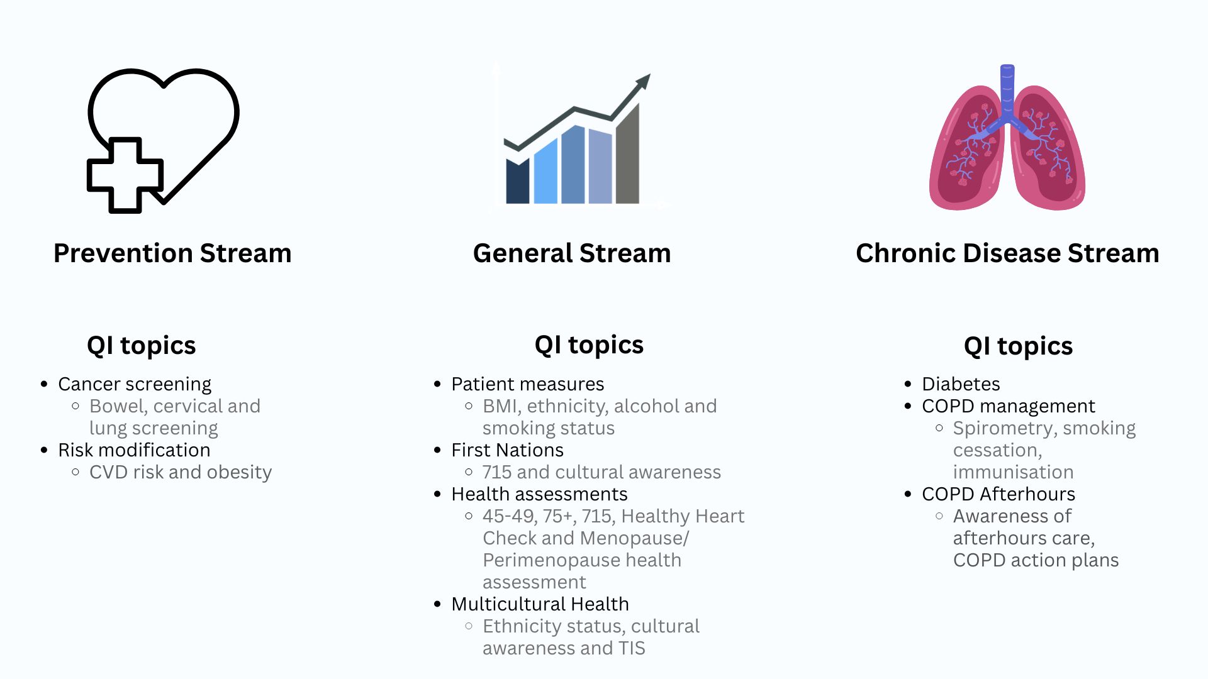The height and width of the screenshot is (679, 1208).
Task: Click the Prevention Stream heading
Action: [172, 253]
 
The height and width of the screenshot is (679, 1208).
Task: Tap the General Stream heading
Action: [572, 253]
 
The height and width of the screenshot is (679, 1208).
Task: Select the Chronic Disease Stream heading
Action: [1007, 253]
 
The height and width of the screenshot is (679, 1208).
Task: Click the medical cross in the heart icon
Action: [125, 175]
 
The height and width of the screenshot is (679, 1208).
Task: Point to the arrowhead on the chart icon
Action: [644, 82]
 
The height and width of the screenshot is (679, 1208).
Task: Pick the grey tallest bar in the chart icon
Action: [627, 154]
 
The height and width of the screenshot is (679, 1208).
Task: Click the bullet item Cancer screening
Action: [135, 384]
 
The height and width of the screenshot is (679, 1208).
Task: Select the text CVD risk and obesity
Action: [181, 472]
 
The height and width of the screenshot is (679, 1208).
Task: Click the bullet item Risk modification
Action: [134, 450]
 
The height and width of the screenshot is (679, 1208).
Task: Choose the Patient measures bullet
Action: [527, 384]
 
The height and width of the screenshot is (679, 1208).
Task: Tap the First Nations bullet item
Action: [507, 450]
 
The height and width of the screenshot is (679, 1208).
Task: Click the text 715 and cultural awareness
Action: [601, 472]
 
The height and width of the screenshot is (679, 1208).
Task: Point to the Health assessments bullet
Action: [539, 494]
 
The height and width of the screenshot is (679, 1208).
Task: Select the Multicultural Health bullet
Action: [540, 604]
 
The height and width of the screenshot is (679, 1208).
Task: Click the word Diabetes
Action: [961, 384]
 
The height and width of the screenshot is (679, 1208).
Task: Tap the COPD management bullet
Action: [1008, 406]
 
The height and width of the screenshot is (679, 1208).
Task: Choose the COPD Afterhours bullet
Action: [998, 494]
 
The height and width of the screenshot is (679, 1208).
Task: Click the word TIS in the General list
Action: [632, 648]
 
